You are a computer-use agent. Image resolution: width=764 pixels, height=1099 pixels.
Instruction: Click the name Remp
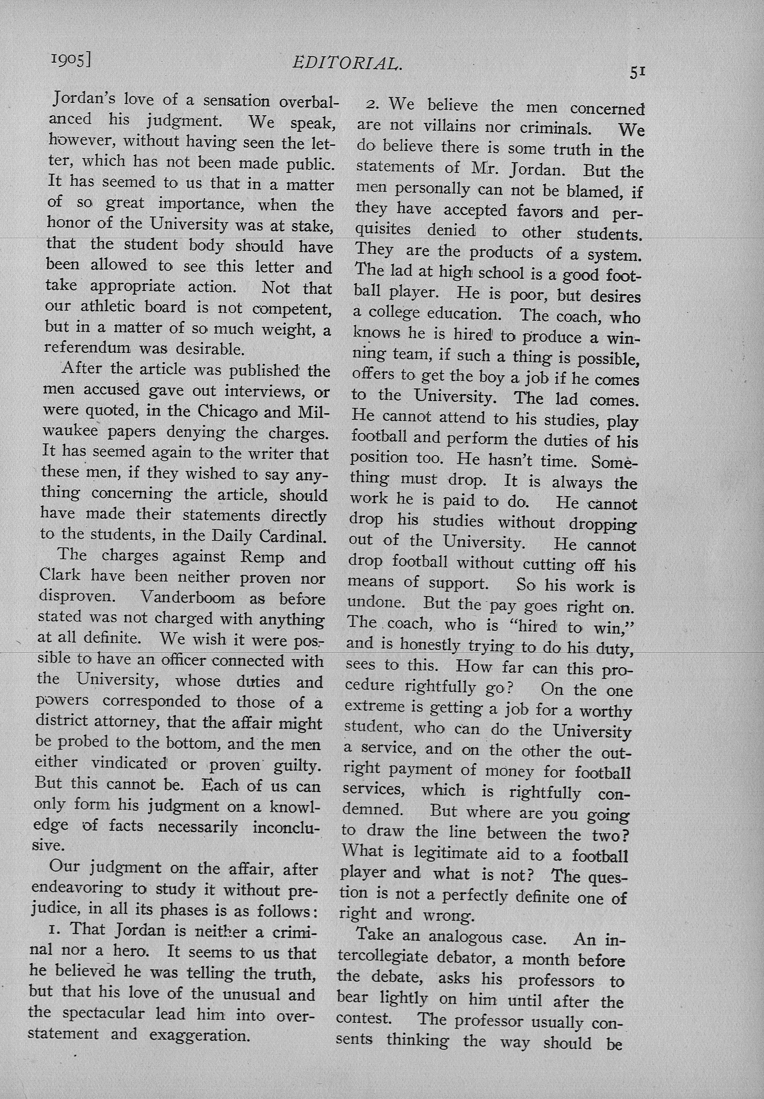click(x=263, y=558)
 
